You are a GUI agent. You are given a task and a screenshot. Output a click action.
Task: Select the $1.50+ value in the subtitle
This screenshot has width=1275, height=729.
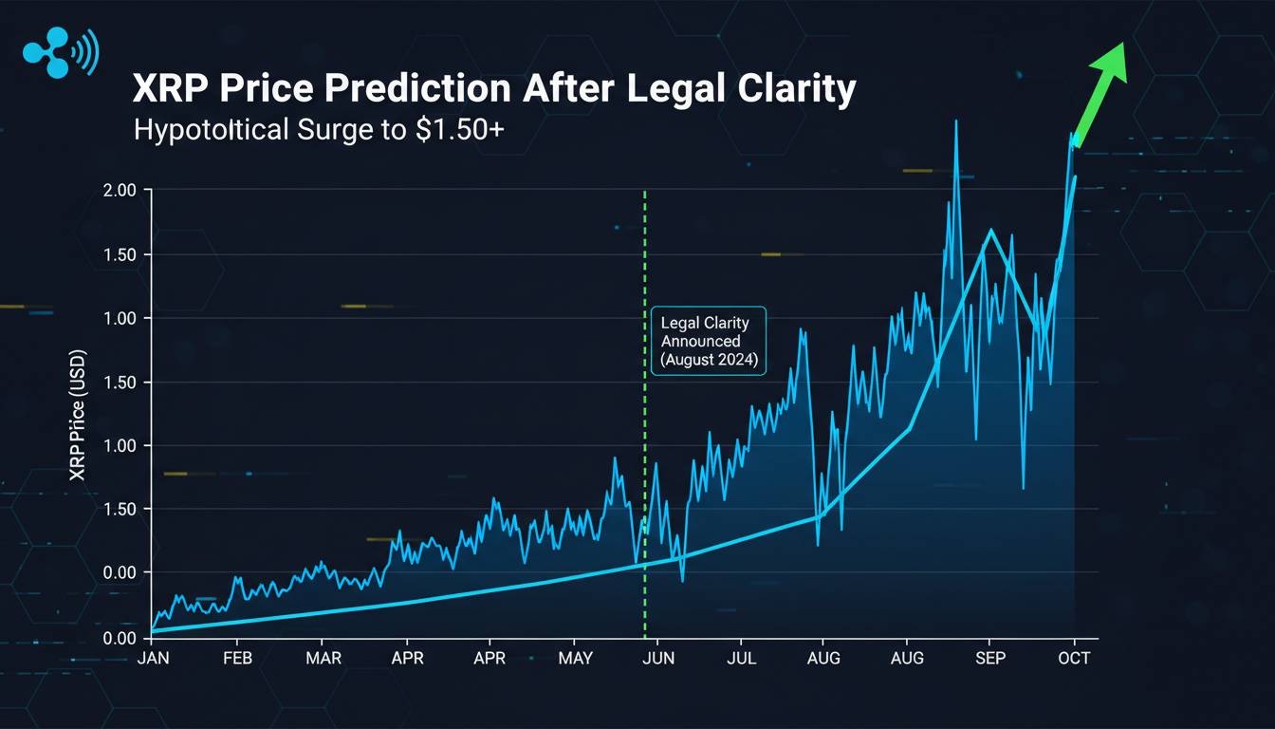click(456, 130)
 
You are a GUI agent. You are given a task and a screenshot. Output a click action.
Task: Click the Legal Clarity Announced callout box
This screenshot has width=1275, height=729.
click(708, 342)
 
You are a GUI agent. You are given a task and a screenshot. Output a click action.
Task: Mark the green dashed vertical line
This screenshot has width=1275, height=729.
click(645, 427)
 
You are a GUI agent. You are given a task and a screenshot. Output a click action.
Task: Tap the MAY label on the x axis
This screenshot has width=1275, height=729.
click(576, 658)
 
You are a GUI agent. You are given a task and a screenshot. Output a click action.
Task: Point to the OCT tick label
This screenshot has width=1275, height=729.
click(1074, 658)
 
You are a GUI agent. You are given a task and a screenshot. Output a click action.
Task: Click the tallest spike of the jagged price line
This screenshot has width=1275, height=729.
click(956, 121)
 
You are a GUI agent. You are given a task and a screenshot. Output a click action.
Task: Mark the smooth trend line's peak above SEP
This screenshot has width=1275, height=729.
click(990, 230)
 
